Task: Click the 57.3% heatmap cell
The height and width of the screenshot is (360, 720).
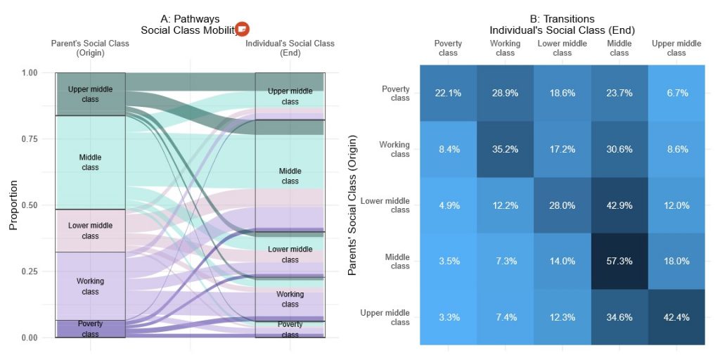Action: point(619,261)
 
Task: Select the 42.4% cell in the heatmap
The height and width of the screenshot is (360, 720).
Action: point(676,317)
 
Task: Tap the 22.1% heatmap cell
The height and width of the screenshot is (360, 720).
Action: point(448,94)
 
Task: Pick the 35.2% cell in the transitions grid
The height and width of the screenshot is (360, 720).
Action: point(505,149)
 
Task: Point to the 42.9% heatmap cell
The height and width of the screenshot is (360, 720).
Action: point(619,205)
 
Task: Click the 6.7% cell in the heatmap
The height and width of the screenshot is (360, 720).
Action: point(676,94)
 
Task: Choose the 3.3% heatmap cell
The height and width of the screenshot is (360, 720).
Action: point(448,317)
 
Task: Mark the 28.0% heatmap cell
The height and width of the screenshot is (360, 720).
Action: point(562,205)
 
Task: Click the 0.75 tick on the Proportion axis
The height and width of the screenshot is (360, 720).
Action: point(30,139)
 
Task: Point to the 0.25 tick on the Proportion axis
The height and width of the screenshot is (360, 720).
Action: point(30,271)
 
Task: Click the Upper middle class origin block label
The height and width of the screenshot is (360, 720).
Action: point(90,94)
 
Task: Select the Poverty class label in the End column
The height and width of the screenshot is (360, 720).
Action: point(290,329)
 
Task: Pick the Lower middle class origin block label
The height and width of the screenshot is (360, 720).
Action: point(90,231)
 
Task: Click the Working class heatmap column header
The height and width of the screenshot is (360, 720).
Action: point(505,48)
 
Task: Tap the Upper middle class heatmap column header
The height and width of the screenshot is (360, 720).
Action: point(676,48)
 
